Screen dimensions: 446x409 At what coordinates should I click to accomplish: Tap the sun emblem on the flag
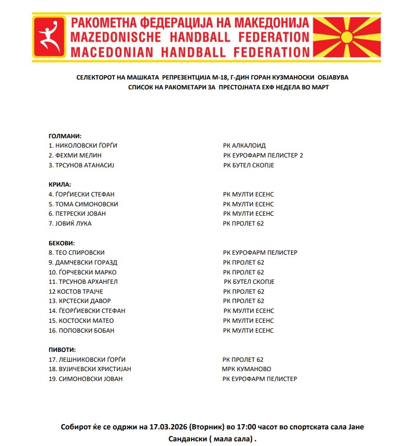348,36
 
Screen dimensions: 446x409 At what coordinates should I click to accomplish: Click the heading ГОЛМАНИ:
65,136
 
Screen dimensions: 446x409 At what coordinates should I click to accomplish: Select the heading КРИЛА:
60,185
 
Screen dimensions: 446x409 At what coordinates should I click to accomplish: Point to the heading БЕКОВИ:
62,243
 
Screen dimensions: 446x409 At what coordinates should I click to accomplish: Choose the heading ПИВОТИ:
62,350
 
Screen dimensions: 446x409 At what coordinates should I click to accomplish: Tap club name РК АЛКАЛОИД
244,146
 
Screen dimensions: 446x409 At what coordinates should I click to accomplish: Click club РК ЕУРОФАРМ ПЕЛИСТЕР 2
263,155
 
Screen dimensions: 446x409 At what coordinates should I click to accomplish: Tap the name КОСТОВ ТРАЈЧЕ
84,292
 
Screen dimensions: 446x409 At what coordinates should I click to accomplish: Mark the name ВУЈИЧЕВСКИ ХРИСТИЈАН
93,369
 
